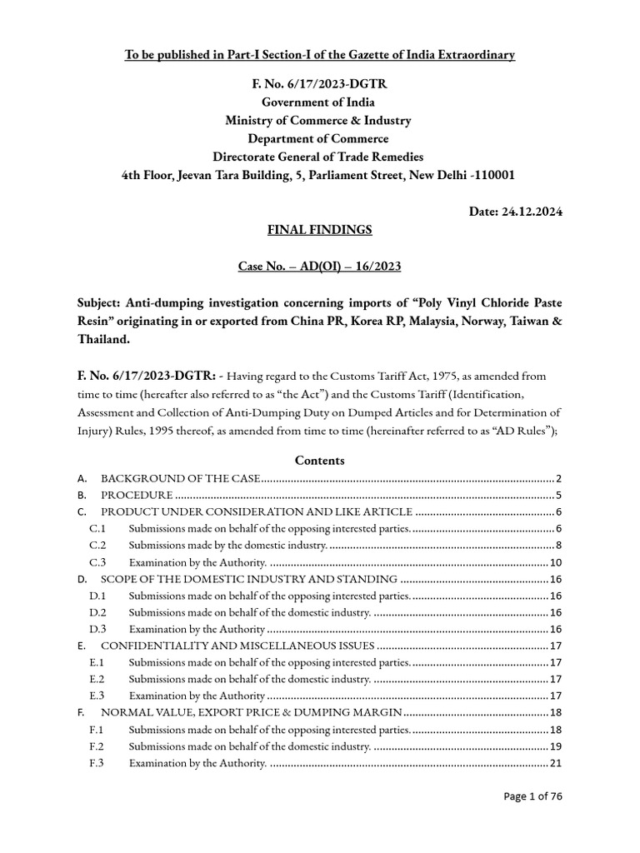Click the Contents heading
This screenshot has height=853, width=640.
tap(319, 460)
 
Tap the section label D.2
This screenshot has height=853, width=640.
tap(98, 612)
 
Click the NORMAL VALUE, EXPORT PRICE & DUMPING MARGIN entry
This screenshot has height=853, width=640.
tap(252, 713)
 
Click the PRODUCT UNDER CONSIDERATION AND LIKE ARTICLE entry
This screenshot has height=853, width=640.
tap(257, 511)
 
